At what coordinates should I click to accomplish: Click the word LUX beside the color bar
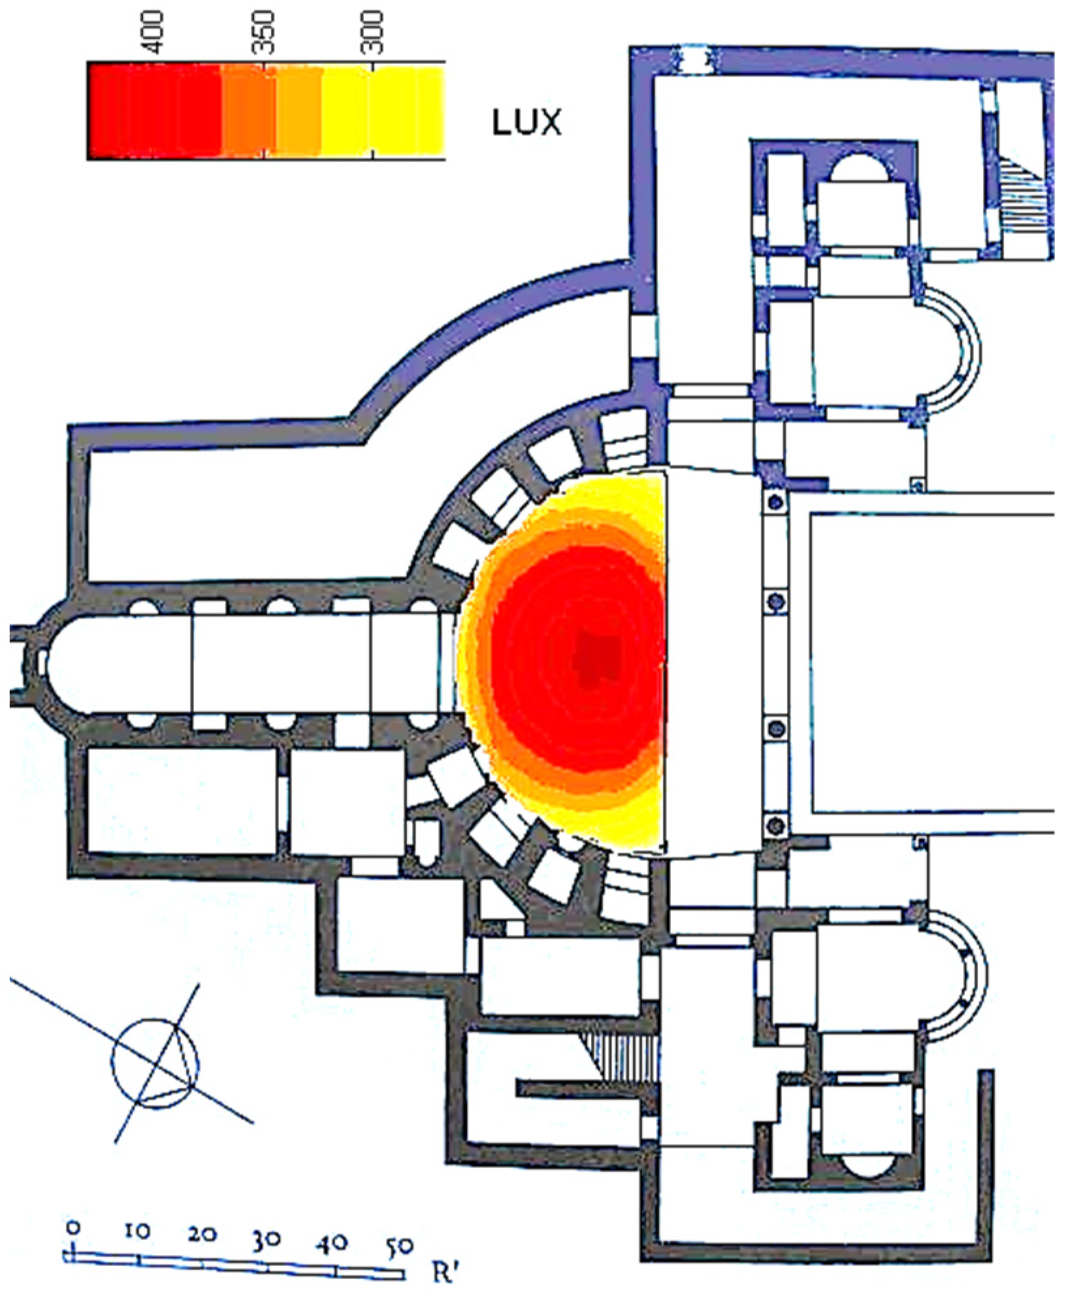[526, 123]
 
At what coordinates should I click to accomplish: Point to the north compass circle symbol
[155, 1063]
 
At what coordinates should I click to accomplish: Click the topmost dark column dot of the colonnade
[776, 502]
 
